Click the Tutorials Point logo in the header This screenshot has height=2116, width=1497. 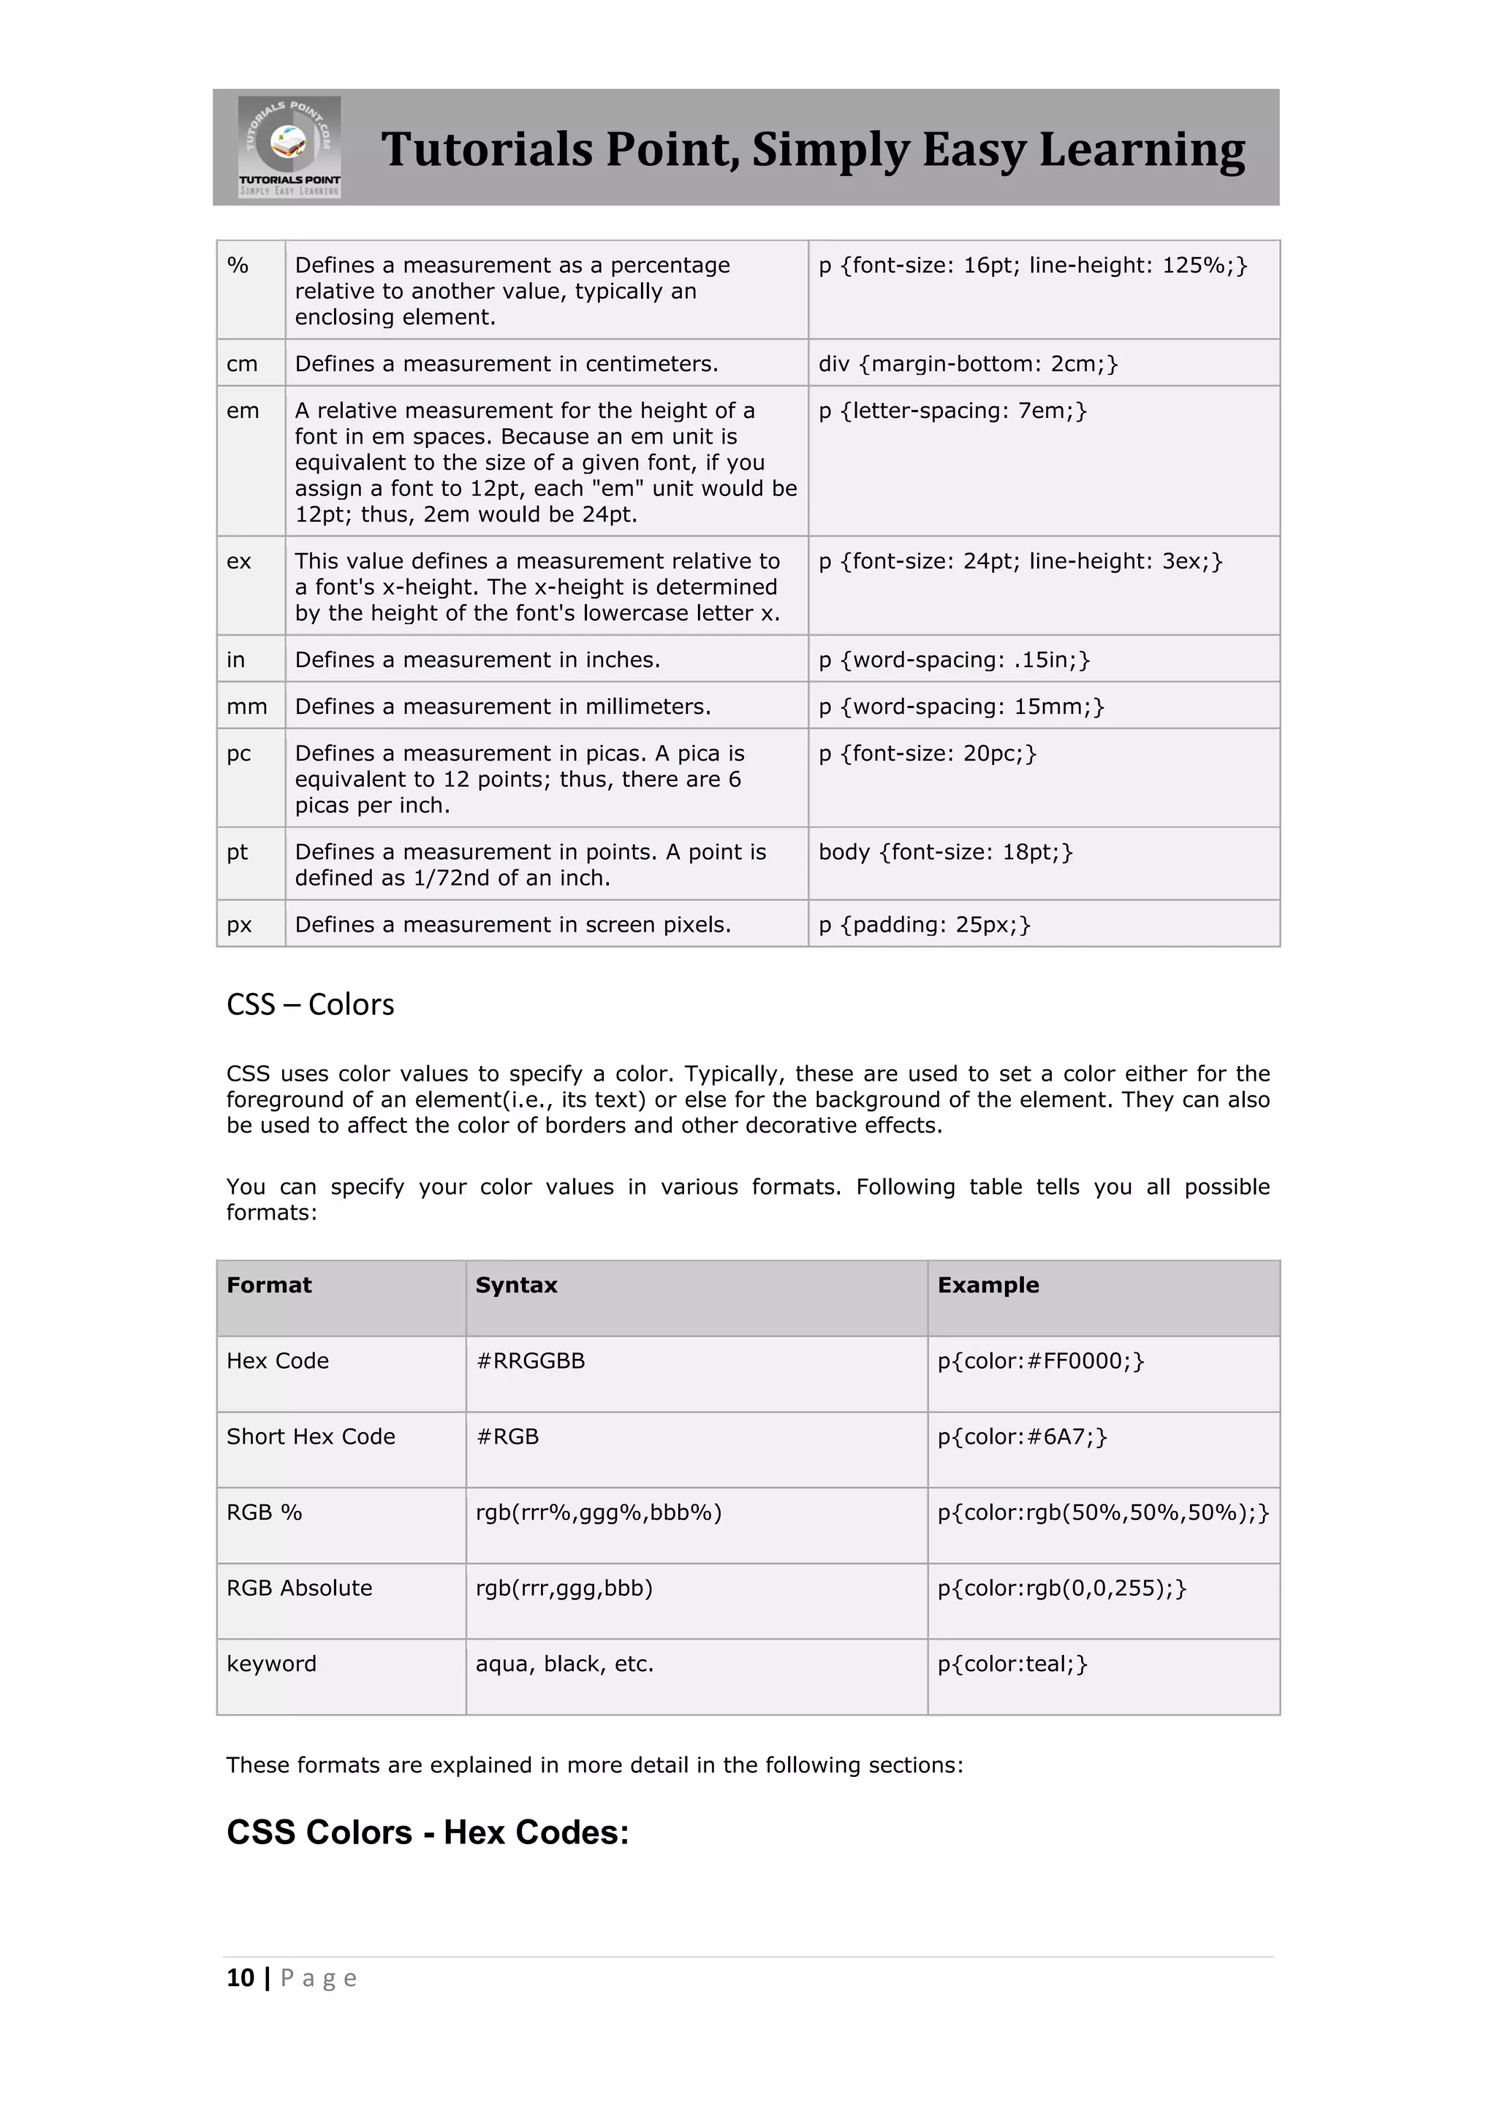[289, 147]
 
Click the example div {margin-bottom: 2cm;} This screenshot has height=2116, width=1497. [968, 364]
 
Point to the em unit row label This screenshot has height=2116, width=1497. [243, 411]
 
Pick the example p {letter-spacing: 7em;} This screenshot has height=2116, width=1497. [952, 411]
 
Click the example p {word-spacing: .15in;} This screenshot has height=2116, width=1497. [954, 660]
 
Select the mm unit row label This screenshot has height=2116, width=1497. [246, 707]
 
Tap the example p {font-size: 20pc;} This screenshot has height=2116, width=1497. [928, 754]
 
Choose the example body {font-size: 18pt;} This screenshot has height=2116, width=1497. [946, 853]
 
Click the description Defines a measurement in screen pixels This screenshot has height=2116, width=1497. [512, 925]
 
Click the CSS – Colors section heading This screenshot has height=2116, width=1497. [310, 1005]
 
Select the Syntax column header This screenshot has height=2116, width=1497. [516, 1286]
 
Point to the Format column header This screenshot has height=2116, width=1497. [269, 1286]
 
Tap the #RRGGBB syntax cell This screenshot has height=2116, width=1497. [530, 1361]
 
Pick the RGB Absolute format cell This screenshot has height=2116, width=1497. [300, 1588]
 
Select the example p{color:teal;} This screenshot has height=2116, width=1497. [1012, 1664]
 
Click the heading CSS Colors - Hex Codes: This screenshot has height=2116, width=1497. [428, 1833]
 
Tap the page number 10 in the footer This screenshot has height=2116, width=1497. [240, 1978]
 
